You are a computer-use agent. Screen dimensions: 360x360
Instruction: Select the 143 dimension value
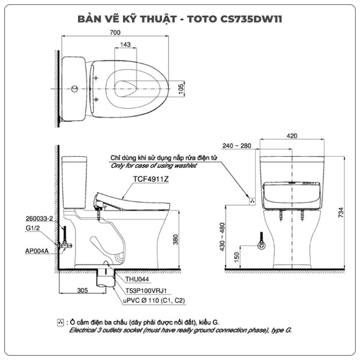pyautogui.click(x=125, y=45)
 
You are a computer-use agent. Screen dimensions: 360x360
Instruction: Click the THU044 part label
pyautogui.click(x=137, y=279)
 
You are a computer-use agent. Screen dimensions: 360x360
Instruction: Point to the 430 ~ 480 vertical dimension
pyautogui.click(x=222, y=237)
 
